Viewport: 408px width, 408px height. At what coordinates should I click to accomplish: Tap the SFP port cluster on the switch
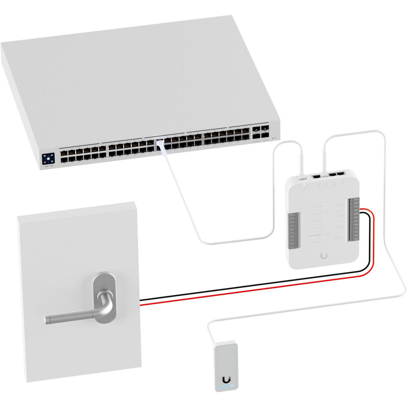260,131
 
